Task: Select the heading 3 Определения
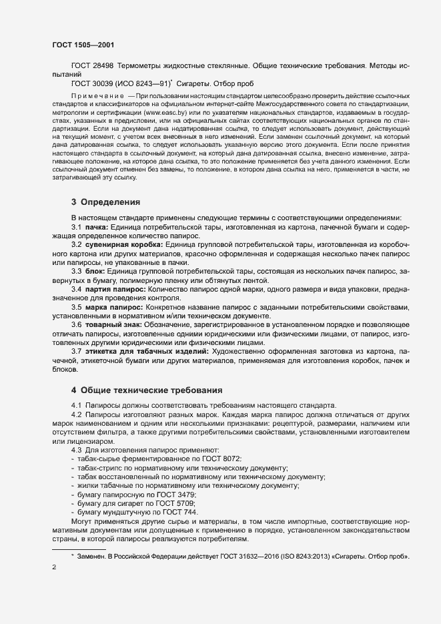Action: pos(106,201)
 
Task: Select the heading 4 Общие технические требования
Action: pos(147,389)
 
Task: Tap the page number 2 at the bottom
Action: pos(54,568)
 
